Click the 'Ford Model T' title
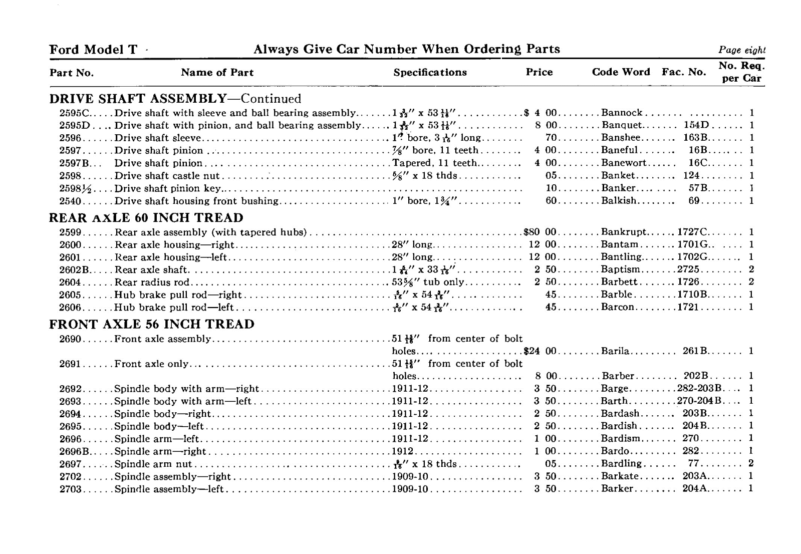click(x=93, y=49)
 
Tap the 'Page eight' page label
click(x=741, y=50)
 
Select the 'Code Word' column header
click(x=621, y=72)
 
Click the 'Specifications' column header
click(x=430, y=72)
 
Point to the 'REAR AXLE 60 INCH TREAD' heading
click(x=146, y=218)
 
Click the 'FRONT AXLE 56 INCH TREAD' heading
click(x=152, y=324)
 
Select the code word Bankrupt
click(x=624, y=232)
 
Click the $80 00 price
click(x=540, y=232)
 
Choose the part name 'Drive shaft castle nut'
click(x=167, y=176)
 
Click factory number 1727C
click(x=692, y=232)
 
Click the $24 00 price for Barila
click(x=540, y=351)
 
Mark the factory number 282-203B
click(x=699, y=389)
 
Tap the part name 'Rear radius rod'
click(x=152, y=282)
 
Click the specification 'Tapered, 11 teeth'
click(x=434, y=163)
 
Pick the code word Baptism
click(x=620, y=269)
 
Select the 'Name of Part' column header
click(x=217, y=72)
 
